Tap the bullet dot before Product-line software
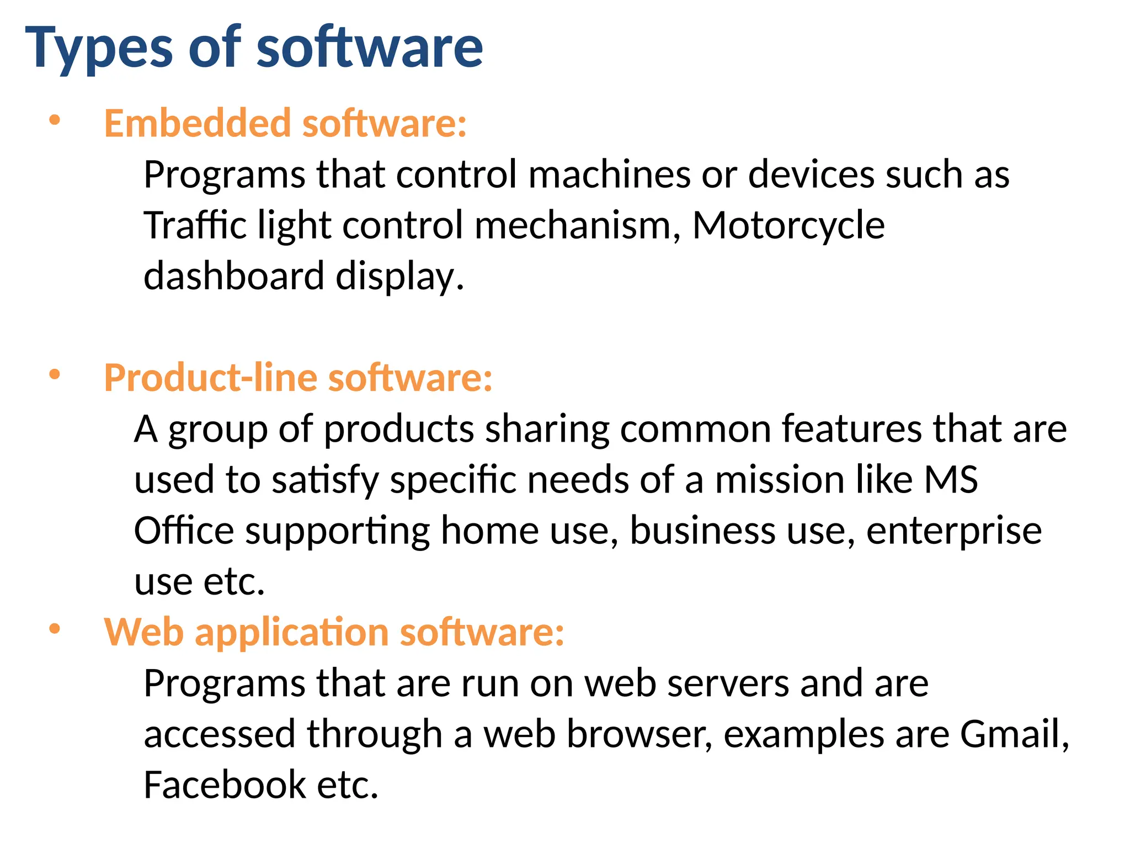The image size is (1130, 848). pos(54,374)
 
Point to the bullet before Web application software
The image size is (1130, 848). pos(54,629)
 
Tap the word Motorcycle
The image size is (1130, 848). pos(788,226)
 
